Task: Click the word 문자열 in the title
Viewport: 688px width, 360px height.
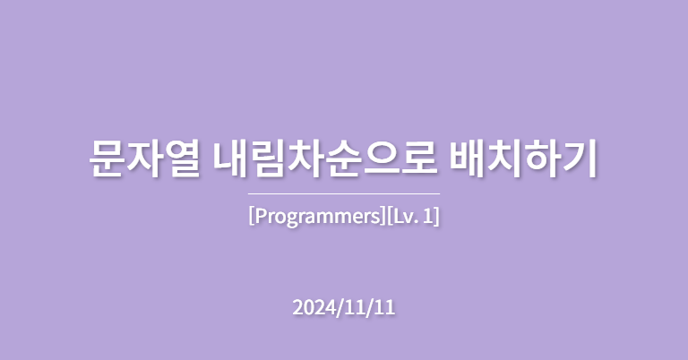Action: (x=144, y=158)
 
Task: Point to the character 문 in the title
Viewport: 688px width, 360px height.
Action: (x=107, y=158)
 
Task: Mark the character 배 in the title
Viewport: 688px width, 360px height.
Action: (x=471, y=158)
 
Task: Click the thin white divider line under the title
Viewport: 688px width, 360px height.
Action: (x=344, y=193)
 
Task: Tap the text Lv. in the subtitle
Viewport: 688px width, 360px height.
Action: (x=407, y=217)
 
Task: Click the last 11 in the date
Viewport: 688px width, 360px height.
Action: (x=384, y=307)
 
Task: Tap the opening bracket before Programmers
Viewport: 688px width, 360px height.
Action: (x=251, y=217)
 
